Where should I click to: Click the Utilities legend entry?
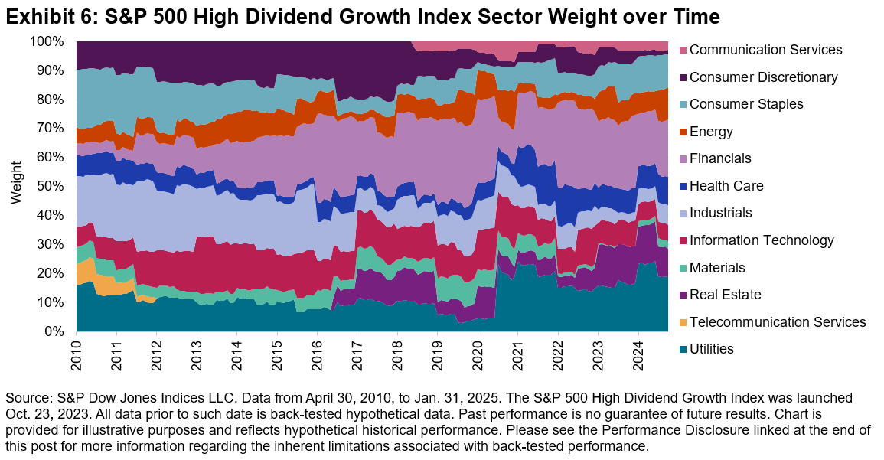coord(711,349)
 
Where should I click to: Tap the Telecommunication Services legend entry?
coord(777,322)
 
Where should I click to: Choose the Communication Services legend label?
coord(765,50)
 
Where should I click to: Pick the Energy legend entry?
coord(711,132)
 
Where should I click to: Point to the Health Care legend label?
coord(726,186)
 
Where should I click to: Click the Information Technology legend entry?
coord(762,240)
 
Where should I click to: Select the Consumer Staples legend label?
coord(746,104)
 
